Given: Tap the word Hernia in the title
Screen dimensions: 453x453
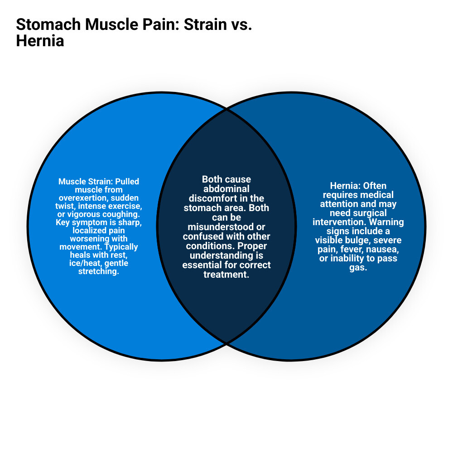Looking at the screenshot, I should point(40,41).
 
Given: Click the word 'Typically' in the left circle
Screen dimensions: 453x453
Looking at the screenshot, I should point(122,247).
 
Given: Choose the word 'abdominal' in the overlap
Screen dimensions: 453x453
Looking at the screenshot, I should point(226,189).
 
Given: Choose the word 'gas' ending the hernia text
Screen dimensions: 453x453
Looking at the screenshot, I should point(358,267).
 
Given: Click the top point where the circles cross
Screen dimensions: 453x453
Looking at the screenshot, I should point(226,109).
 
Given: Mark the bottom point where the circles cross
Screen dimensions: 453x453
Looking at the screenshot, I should point(226,343).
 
